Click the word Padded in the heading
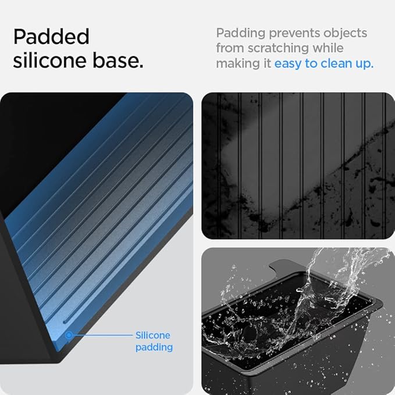[51, 37]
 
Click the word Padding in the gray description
[241, 34]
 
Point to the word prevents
[294, 34]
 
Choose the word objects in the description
[345, 34]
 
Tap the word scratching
[278, 49]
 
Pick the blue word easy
[288, 64]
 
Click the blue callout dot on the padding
[69, 335]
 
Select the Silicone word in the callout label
[152, 335]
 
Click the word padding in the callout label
[154, 348]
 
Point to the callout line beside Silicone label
[102, 335]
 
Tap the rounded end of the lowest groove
[65, 322]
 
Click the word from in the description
[230, 48]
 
